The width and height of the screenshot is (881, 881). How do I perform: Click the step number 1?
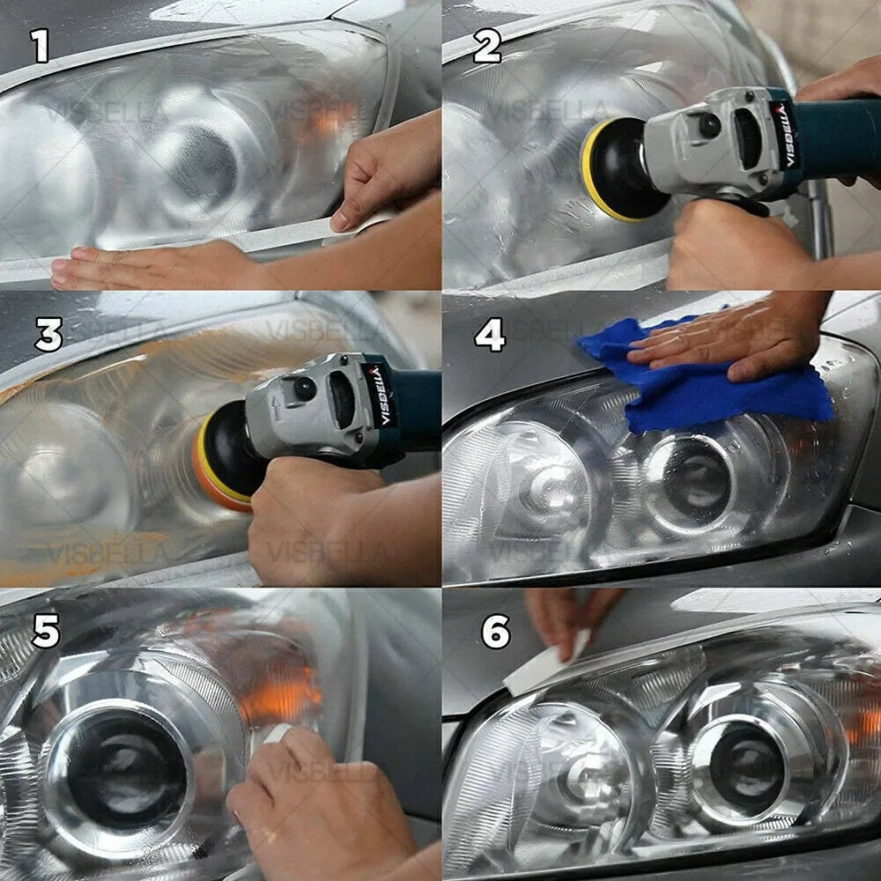click(x=41, y=46)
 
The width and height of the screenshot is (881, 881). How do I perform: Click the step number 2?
click(x=486, y=46)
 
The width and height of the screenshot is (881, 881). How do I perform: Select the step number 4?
click(x=491, y=335)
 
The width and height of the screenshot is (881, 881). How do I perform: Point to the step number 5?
click(x=47, y=631)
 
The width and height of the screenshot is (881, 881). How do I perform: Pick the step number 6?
click(x=495, y=632)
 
